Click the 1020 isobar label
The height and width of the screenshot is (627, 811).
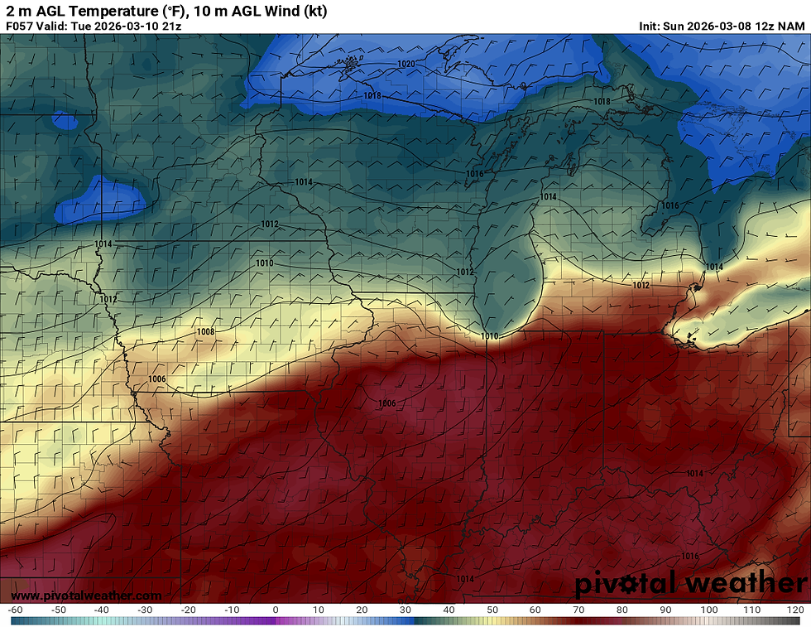coord(405,64)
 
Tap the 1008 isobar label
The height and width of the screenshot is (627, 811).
coord(205,331)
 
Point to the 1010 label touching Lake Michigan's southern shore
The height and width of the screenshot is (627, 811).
coord(490,336)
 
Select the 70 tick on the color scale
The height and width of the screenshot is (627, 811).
coord(579,610)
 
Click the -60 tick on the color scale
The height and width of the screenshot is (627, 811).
coord(14,610)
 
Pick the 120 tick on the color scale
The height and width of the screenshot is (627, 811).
coord(795,610)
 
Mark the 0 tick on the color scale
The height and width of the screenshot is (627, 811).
coord(275,610)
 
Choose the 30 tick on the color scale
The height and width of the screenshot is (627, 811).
coord(405,610)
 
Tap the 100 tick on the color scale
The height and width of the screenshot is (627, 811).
coord(709,610)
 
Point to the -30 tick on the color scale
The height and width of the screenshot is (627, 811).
coord(145,610)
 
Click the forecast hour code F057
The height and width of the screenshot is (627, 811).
coord(19,26)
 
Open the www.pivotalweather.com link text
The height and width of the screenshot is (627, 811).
coord(86,596)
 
